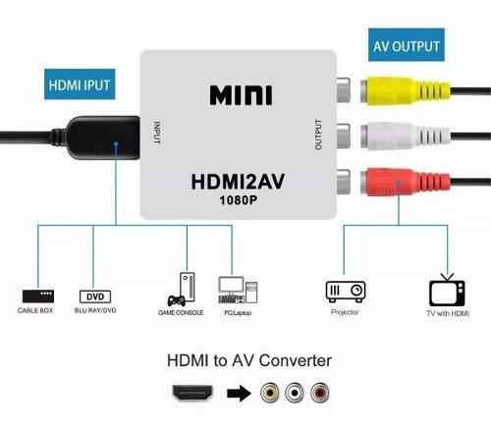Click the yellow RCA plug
(406, 91)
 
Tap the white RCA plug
(406, 135)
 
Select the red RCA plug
(406, 182)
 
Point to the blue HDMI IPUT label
(80, 84)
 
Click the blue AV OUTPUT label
(407, 45)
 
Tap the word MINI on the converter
(241, 95)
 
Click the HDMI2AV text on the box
(238, 182)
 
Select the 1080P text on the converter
(239, 200)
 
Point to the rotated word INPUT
(157, 133)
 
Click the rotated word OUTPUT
(318, 135)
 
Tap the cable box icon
(38, 297)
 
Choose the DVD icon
(95, 297)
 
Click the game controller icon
(176, 300)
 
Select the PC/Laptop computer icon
(238, 290)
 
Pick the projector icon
(346, 292)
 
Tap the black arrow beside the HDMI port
(239, 393)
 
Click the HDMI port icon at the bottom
(192, 393)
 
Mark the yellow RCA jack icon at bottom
(270, 393)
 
